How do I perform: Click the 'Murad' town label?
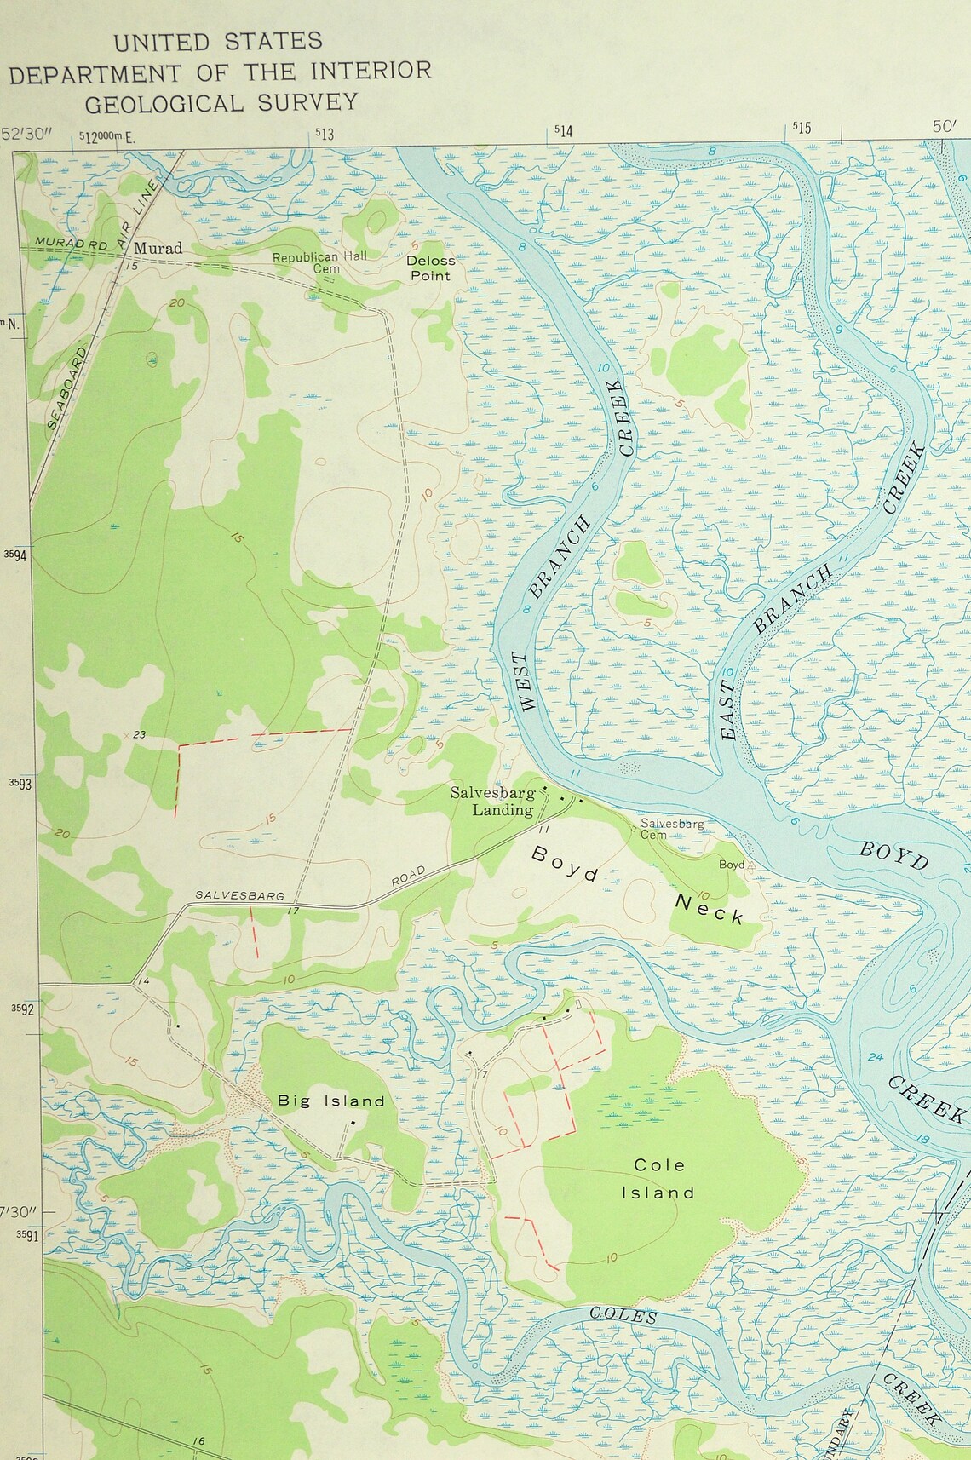(x=159, y=248)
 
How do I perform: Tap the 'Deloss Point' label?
(x=430, y=267)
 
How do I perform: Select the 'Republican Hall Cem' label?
(x=305, y=262)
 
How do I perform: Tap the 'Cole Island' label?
(x=658, y=1179)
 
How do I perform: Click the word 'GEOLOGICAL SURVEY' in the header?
(x=221, y=103)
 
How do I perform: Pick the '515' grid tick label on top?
(x=802, y=129)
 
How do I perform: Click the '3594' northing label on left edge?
(x=15, y=555)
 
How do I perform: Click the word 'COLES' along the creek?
(x=623, y=1316)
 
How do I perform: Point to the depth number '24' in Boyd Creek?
(x=875, y=1057)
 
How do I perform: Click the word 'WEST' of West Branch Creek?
(x=528, y=681)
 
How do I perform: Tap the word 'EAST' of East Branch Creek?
(x=728, y=716)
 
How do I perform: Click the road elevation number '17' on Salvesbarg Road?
(x=294, y=912)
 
